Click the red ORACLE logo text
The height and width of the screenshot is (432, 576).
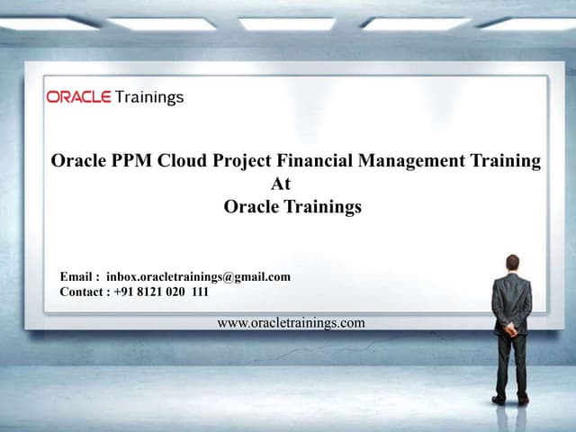point(78,97)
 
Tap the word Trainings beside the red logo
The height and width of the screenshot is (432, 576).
point(149,97)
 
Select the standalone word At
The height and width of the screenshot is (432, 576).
point(281,184)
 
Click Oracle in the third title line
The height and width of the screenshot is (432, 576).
point(251,207)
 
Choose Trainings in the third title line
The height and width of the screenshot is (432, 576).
point(323,207)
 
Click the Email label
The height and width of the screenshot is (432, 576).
point(78,277)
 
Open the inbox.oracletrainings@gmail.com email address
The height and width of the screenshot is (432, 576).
point(198,277)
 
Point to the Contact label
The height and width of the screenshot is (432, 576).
point(85,292)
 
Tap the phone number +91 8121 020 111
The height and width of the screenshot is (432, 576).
point(162,292)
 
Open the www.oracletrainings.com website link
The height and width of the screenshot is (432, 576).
point(292,323)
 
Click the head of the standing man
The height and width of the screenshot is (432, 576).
point(512,263)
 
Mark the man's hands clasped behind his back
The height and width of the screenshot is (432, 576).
point(512,328)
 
